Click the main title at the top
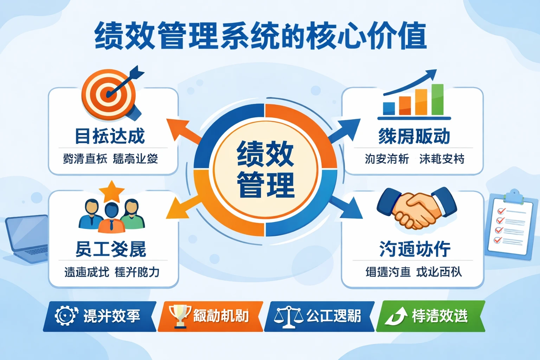pos(261,36)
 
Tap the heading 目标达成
pos(110,136)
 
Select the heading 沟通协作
pos(415,249)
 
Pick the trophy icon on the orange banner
pos(180,316)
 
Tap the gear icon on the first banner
pos(66,315)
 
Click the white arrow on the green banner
pos(396,316)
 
